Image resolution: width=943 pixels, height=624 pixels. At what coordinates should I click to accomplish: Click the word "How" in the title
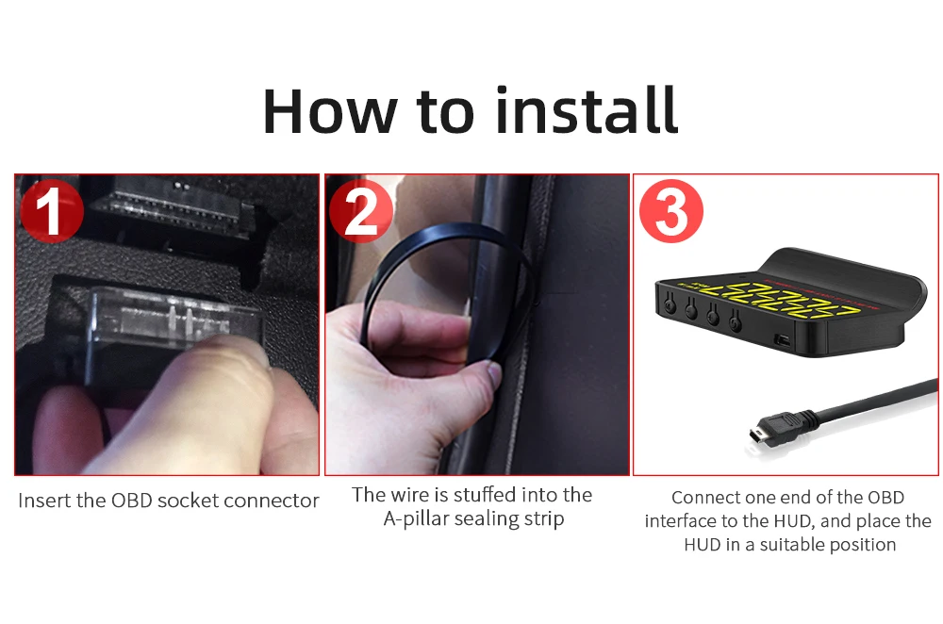click(x=330, y=111)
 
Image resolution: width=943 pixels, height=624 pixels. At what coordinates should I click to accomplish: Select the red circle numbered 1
click(x=51, y=211)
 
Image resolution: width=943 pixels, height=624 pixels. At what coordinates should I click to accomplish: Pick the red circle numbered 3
click(x=671, y=211)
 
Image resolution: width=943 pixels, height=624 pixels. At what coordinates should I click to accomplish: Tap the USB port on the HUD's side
click(x=783, y=340)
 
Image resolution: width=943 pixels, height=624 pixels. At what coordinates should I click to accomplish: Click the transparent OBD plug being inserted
click(x=174, y=319)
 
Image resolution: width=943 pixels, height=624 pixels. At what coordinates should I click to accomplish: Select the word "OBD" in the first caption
click(x=132, y=501)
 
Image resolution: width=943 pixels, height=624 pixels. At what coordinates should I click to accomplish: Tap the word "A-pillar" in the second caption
click(x=416, y=518)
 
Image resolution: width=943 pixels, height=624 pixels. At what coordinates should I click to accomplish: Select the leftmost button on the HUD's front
click(x=670, y=304)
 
